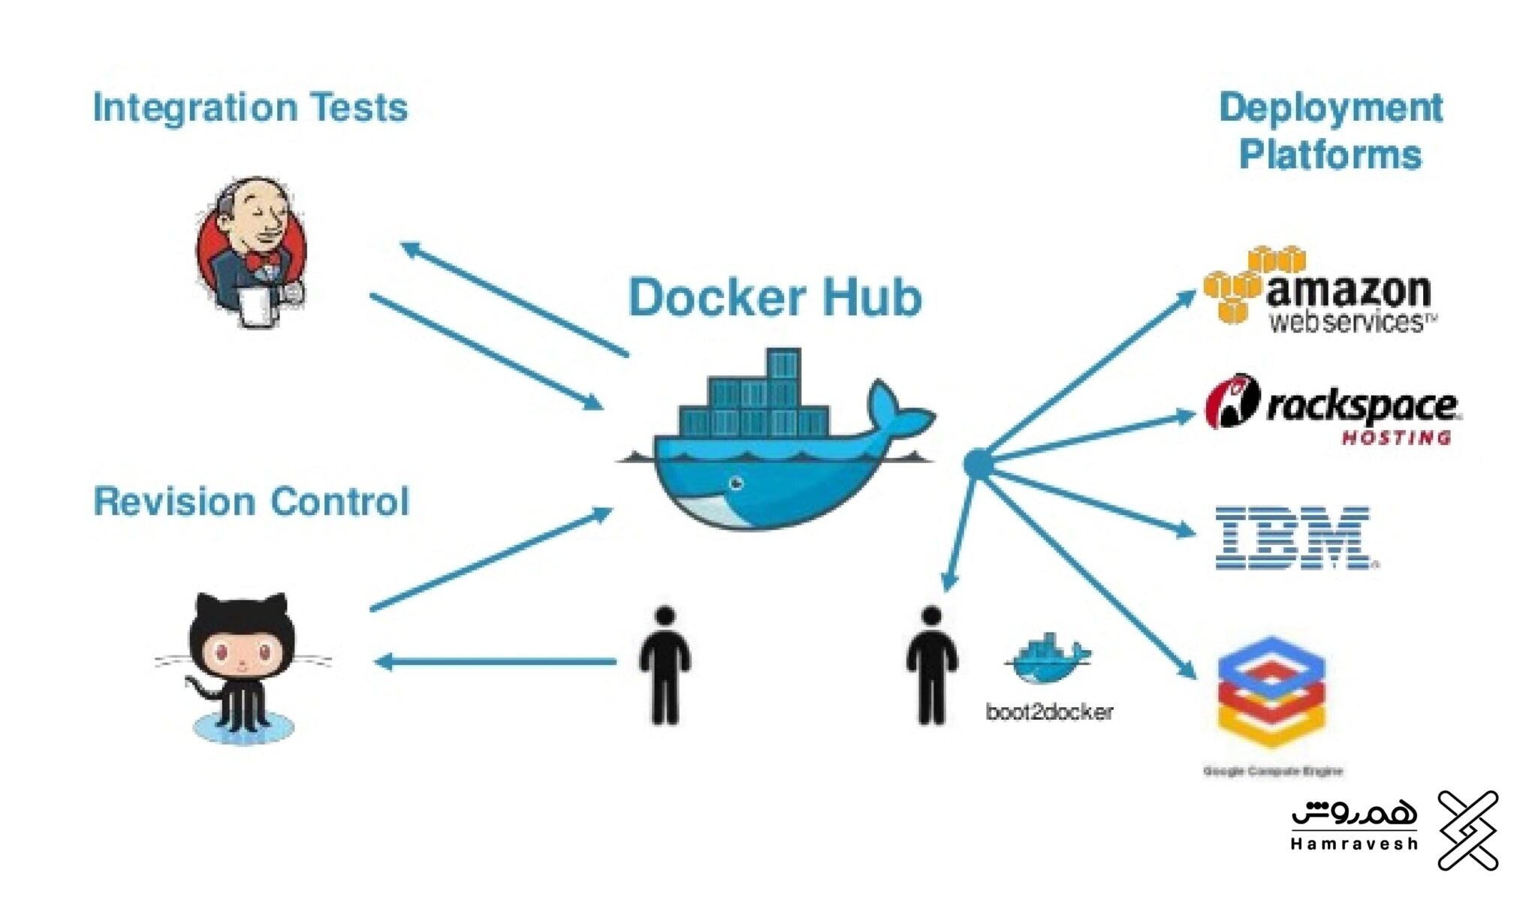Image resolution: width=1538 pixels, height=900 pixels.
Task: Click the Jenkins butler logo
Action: (x=251, y=251)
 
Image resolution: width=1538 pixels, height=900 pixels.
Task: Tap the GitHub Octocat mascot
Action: (x=242, y=664)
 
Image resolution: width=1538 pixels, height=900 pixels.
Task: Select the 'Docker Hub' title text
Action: (x=774, y=298)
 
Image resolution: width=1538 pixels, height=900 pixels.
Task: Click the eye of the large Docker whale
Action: (x=736, y=483)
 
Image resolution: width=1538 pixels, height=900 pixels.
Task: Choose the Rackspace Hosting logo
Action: (x=1333, y=410)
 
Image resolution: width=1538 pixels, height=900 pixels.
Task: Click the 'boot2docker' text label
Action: (x=1049, y=712)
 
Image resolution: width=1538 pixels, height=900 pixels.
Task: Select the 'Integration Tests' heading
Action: (x=250, y=108)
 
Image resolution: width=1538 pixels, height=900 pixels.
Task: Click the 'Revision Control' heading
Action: (x=252, y=501)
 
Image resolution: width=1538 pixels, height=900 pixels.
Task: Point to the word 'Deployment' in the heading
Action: (x=1330, y=108)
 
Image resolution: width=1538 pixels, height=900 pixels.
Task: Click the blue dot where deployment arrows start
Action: (x=978, y=464)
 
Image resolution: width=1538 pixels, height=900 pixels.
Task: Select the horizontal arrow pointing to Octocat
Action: (x=496, y=661)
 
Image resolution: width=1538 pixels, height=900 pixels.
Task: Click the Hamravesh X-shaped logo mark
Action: (x=1467, y=830)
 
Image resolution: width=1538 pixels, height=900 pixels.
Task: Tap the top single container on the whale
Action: (x=783, y=365)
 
